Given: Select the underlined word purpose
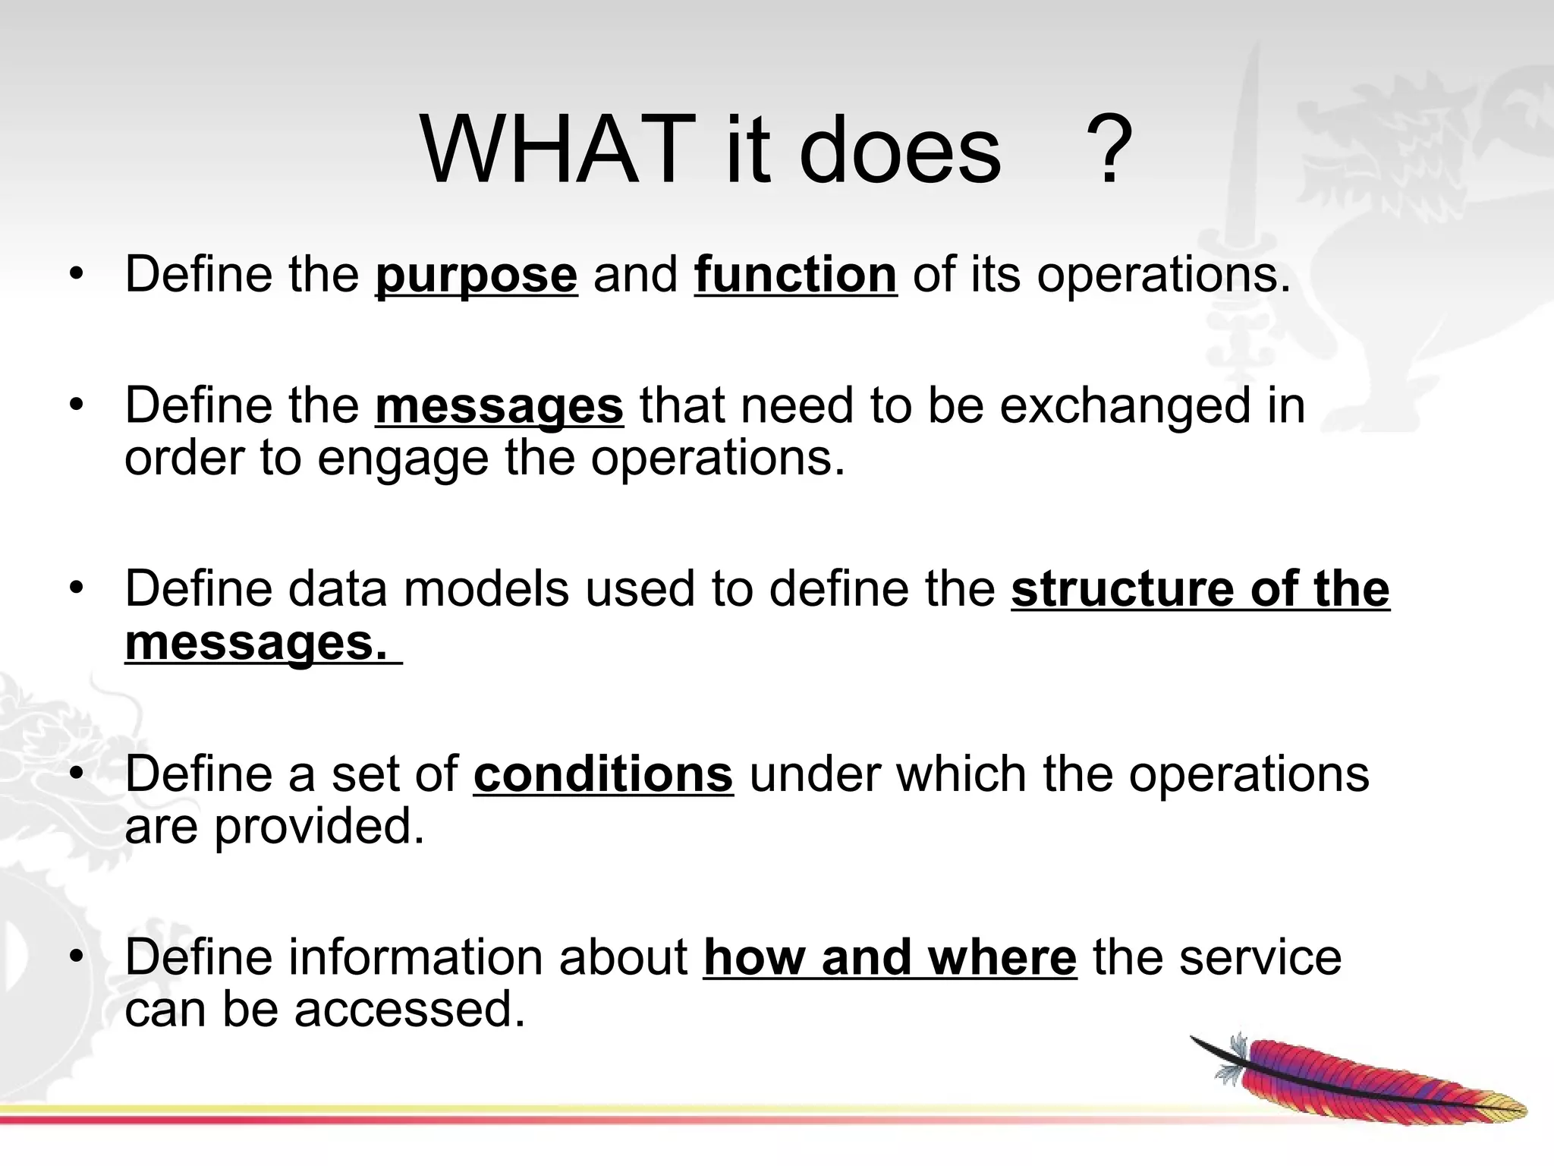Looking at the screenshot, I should pos(476,275).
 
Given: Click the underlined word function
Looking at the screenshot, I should pos(795,275).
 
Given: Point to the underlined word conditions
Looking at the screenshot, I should pos(603,774).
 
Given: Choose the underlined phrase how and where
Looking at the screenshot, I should pos(889,957).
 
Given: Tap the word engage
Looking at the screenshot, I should pos(403,459).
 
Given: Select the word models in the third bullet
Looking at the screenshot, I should pos(486,589).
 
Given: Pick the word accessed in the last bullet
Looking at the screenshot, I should pos(410,1010).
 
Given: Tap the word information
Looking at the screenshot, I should pos(415,957).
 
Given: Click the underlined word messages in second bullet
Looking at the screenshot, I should pos(499,407).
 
